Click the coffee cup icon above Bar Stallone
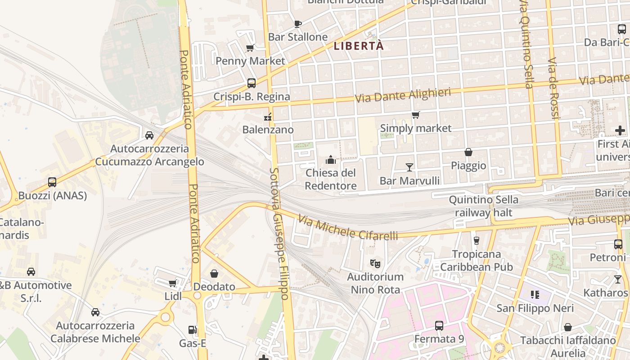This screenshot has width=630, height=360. point(297,24)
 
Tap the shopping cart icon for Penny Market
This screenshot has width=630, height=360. point(250,48)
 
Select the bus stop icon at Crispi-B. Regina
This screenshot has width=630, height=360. point(252,83)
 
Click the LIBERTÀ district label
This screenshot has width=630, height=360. point(359,46)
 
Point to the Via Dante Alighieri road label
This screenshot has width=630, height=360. point(403,95)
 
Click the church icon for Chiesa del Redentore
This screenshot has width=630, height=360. point(331,160)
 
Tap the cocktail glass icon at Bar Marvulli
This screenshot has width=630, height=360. point(409,167)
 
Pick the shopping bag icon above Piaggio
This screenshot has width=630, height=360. point(468,152)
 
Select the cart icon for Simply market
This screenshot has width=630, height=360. point(415,115)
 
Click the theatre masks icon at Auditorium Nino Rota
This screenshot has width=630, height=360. point(375,263)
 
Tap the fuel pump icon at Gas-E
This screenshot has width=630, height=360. point(193,330)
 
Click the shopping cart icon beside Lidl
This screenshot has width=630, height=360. point(172,283)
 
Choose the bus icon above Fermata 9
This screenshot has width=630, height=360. point(439,325)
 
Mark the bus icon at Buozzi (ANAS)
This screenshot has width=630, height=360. point(52,182)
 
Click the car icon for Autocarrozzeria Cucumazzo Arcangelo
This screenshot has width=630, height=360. point(149,135)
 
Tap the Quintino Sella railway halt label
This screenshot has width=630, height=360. point(483,206)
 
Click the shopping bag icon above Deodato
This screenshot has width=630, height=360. point(214,274)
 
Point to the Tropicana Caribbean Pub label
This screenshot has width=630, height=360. point(476,261)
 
